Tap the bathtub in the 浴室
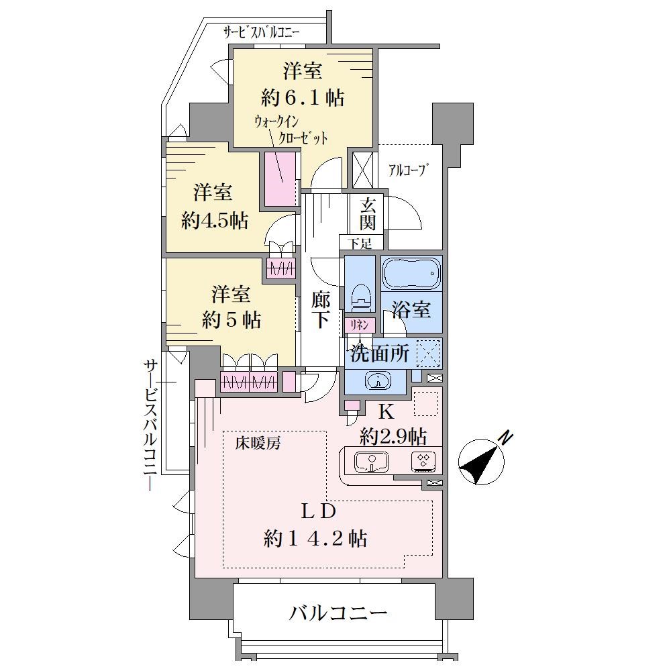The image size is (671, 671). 411,272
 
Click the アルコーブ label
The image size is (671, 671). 409,170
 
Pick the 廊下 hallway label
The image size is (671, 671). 320,309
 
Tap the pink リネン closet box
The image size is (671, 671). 360,325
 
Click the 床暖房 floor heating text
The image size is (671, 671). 258,444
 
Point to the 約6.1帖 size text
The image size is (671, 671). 303,98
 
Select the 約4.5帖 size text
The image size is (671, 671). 215,221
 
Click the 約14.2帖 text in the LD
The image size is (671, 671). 315,538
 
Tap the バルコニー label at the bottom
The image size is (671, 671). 338,613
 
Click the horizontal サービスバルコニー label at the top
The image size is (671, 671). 261,32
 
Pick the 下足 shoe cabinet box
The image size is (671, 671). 361,243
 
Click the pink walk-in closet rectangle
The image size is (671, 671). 280,178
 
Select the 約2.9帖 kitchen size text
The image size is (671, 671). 393,437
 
